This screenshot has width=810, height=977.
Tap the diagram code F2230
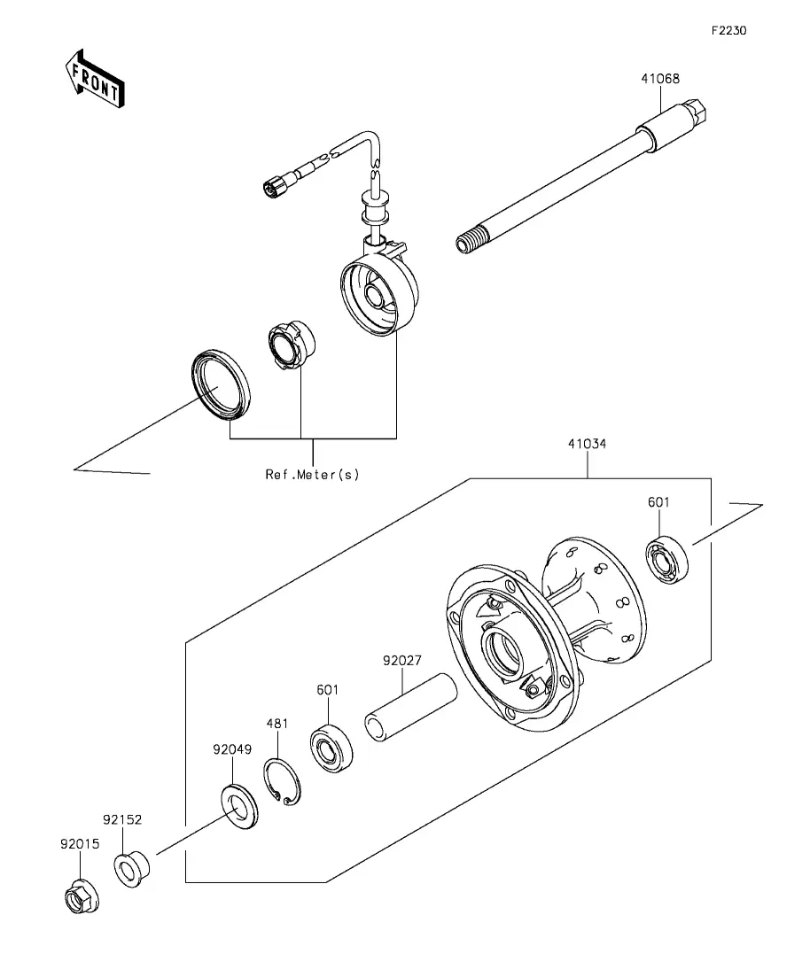[729, 30]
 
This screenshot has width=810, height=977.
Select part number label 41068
[660, 79]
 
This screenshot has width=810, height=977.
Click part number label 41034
[587, 444]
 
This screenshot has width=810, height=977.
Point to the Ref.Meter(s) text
[313, 474]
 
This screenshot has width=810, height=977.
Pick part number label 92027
[402, 661]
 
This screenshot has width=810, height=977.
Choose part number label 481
[277, 724]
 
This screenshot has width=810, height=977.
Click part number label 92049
[232, 749]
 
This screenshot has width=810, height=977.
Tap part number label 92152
[122, 820]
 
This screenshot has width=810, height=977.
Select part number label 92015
[80, 844]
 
